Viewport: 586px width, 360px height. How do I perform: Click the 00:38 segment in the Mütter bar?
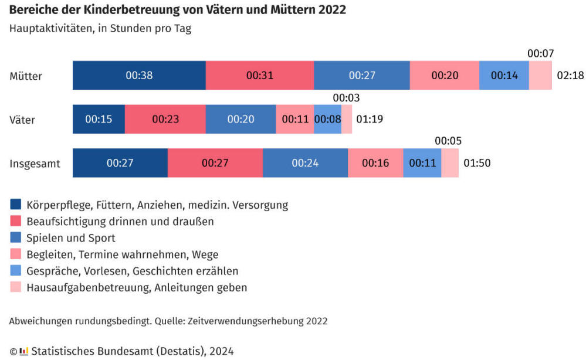click(x=139, y=76)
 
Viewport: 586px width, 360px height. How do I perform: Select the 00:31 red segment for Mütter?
click(x=259, y=76)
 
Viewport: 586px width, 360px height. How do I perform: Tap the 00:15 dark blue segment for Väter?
click(x=99, y=120)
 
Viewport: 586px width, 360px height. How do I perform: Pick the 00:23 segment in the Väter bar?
click(x=165, y=120)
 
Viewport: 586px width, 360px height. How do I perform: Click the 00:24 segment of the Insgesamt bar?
click(x=305, y=163)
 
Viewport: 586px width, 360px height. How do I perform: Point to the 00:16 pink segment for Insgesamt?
click(x=375, y=163)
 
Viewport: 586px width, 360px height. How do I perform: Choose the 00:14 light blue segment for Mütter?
click(x=504, y=76)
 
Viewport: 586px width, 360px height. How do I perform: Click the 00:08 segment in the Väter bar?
click(x=327, y=120)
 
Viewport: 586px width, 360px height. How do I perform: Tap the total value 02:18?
click(x=570, y=76)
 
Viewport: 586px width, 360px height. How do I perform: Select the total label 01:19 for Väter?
click(x=370, y=120)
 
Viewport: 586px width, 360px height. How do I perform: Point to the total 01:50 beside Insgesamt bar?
click(x=477, y=163)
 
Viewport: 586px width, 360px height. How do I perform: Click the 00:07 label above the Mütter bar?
click(x=540, y=53)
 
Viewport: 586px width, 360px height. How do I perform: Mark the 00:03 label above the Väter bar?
click(x=346, y=98)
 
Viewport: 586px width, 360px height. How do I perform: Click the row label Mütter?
click(x=26, y=76)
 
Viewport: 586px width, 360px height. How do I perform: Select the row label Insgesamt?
click(x=35, y=163)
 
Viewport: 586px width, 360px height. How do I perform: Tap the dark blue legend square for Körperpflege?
click(x=15, y=205)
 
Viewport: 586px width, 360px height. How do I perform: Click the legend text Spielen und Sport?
click(x=71, y=238)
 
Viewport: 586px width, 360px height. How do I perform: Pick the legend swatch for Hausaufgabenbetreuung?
click(x=15, y=287)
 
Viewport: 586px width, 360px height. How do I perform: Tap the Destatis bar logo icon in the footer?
click(x=23, y=351)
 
